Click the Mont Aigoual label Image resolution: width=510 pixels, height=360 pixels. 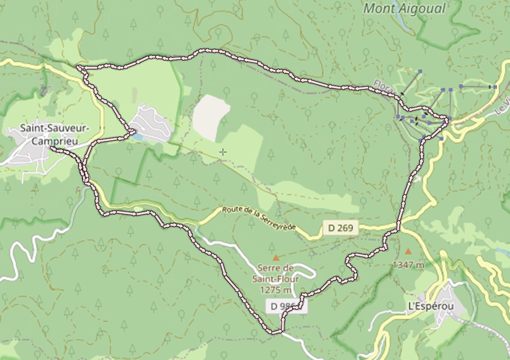404,8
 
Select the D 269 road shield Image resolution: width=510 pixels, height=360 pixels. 341,228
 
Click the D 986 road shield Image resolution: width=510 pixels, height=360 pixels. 285,306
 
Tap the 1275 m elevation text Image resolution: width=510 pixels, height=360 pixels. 275,290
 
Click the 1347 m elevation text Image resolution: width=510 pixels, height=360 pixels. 408,264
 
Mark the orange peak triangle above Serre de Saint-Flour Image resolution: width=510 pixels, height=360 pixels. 276,258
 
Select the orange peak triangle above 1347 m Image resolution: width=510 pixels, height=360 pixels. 409,251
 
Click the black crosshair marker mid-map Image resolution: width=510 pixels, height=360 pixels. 223,152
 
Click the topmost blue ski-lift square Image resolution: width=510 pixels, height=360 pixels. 420,71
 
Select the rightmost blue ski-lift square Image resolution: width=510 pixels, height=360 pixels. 495,87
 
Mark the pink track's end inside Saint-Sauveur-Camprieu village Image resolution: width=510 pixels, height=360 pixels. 51,147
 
